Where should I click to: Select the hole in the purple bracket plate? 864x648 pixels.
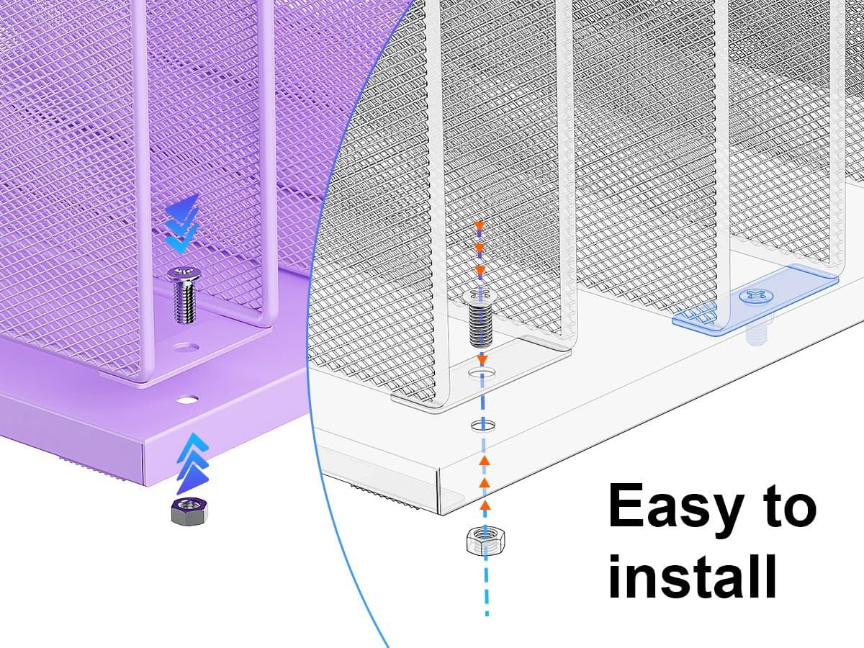point(186,347)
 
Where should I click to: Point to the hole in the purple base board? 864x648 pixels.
point(186,397)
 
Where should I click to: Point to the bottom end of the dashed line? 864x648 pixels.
point(487,613)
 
